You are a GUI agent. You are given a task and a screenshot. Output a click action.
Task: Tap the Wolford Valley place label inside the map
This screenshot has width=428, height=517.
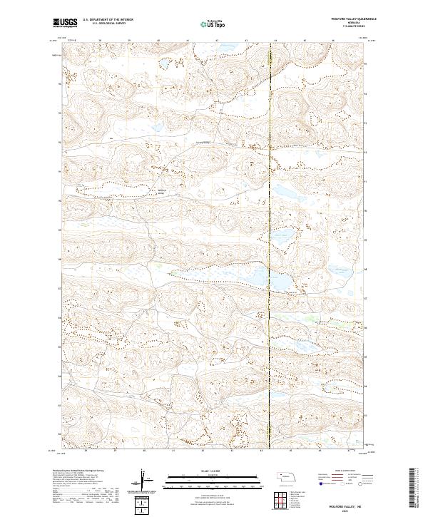(160, 190)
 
